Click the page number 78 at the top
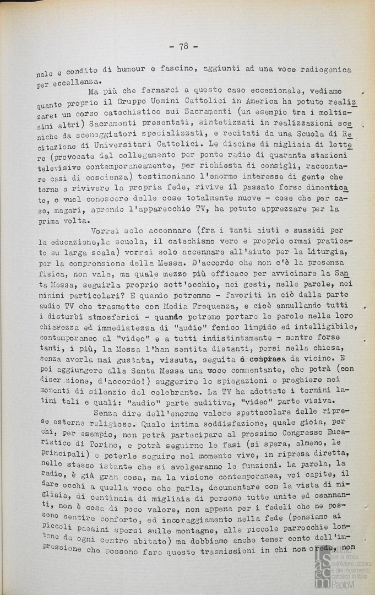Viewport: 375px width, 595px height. click(183, 47)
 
